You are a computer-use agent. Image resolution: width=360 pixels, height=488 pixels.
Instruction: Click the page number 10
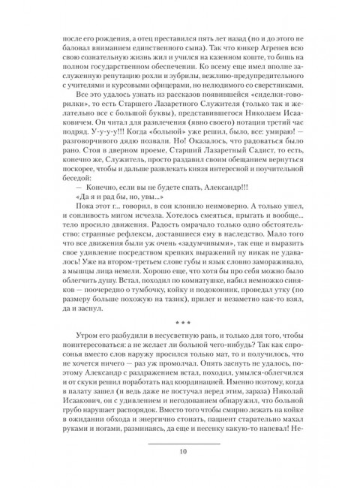tap(184, 451)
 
